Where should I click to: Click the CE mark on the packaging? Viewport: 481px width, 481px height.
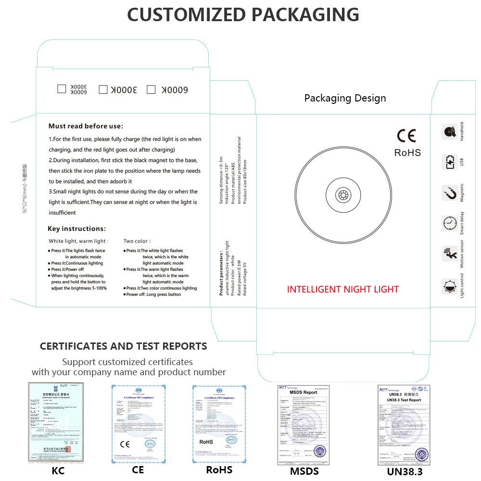406,136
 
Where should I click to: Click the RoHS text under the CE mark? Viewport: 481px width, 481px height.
407,153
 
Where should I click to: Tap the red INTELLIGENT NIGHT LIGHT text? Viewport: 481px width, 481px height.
343,290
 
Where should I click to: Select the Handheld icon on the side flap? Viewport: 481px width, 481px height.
450,132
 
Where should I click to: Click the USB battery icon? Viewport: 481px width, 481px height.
450,162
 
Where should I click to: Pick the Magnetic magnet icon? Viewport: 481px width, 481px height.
450,193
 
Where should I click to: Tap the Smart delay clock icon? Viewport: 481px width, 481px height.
450,223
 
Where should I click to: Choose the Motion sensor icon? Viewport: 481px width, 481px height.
450,254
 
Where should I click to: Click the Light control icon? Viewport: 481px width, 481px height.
450,286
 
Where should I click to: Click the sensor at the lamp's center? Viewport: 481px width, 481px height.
343,195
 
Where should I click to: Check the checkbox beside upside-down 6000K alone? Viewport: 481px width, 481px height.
151,89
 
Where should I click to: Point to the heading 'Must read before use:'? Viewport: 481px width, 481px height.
86,126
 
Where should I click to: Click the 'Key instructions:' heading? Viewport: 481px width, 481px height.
77,228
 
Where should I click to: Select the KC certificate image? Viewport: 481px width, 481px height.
56,423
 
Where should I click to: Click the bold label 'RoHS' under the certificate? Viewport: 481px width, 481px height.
219,469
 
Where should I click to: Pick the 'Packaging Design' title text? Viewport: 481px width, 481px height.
345,98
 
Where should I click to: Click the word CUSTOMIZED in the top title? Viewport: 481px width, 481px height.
185,14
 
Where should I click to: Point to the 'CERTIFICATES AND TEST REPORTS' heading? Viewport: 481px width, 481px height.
124,346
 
